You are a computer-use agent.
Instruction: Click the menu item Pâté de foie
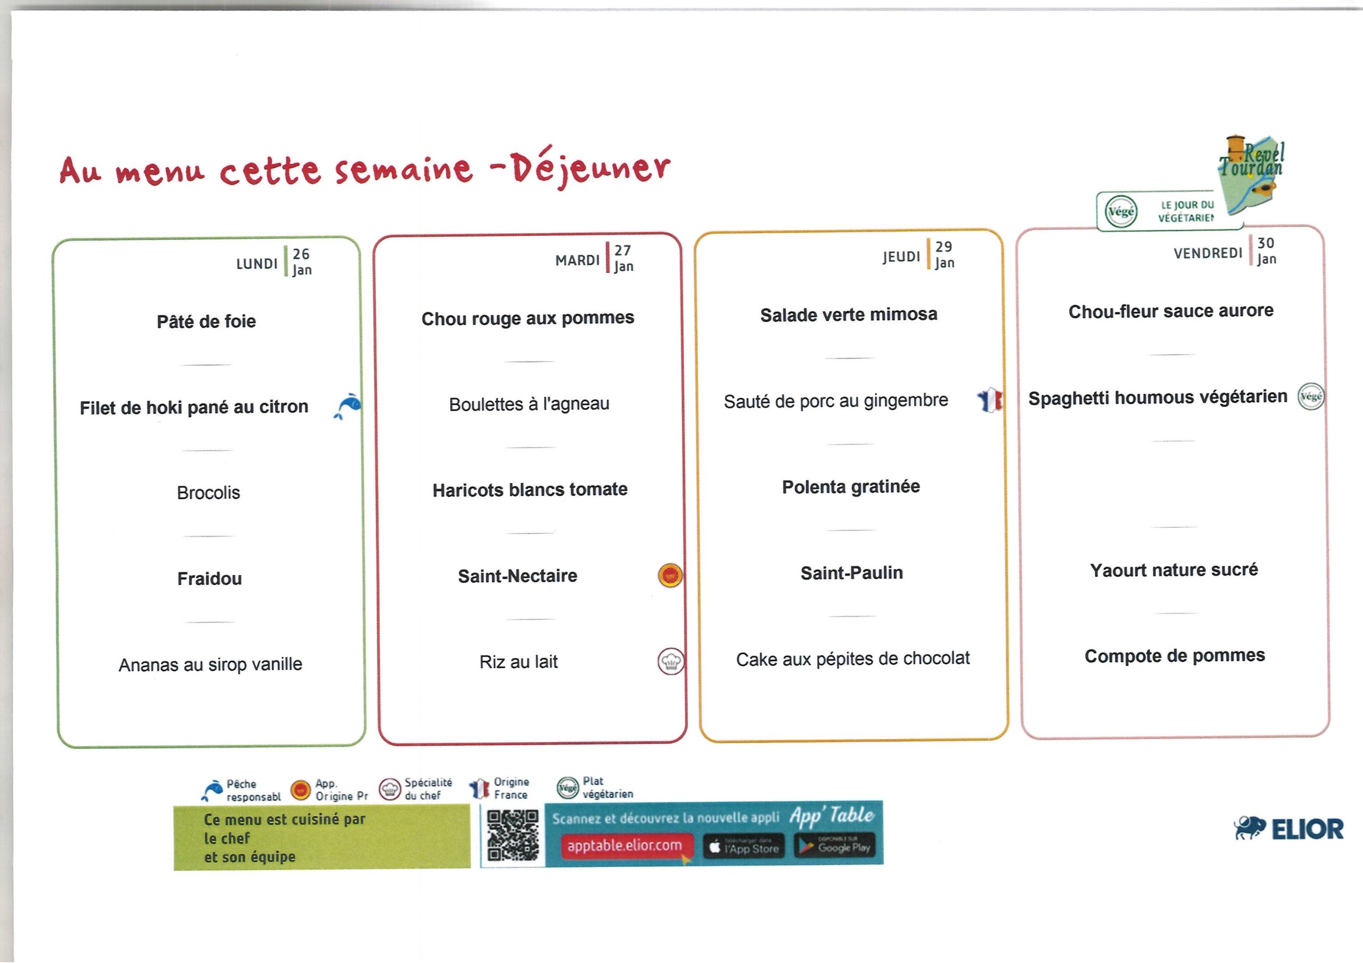point(206,321)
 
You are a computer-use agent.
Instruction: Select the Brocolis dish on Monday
point(208,493)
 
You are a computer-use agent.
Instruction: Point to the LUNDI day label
point(257,263)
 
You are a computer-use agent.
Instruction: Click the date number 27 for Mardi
point(623,251)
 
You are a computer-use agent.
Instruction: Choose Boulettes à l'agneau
point(529,404)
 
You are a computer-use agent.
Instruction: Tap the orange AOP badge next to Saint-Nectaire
point(670,575)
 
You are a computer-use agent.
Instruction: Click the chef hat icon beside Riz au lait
point(671,661)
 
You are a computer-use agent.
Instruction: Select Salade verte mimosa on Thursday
point(849,314)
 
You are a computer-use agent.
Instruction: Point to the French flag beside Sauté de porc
point(990,400)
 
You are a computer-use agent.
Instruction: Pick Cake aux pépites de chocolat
point(853,659)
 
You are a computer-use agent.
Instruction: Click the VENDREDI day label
point(1208,253)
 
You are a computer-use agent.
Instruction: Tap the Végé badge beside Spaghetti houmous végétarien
point(1311,397)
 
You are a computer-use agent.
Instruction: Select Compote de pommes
point(1175,655)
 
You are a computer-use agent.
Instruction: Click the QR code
point(513,835)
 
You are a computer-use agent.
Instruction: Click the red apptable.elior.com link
point(624,845)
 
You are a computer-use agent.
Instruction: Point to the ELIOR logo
point(1288,829)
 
